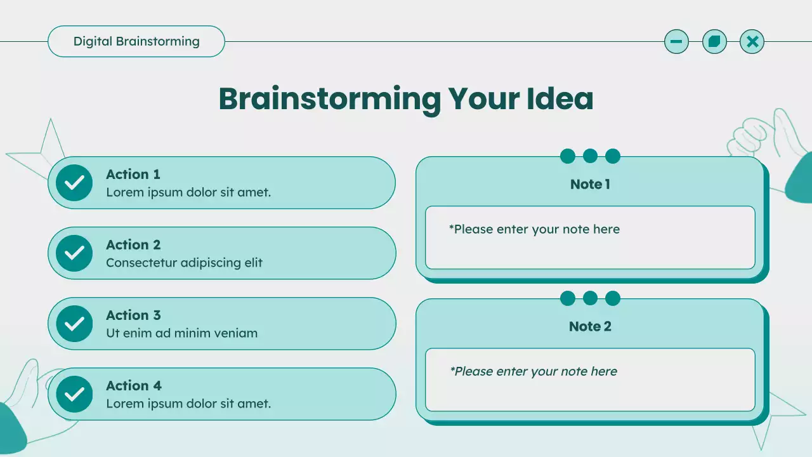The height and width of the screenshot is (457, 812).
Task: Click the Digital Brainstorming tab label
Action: click(136, 42)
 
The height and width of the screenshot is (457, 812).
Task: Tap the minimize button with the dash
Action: click(676, 42)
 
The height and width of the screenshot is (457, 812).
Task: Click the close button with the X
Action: click(752, 42)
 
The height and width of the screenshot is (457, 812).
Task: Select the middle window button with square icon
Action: click(714, 42)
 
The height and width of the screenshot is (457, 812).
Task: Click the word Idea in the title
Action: click(560, 99)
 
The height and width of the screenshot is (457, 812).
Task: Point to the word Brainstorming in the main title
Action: click(329, 99)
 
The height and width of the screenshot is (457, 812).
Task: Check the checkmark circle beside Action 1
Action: click(74, 183)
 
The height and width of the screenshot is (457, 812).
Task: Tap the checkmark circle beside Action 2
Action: click(74, 253)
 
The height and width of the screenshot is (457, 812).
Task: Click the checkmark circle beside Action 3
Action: click(74, 324)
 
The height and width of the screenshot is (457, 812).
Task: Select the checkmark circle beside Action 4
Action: click(74, 394)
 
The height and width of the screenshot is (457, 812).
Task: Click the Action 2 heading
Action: click(133, 245)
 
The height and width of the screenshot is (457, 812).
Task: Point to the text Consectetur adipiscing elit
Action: click(184, 263)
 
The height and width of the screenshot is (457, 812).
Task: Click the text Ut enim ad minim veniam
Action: click(181, 333)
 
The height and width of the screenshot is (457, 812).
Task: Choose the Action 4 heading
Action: click(134, 386)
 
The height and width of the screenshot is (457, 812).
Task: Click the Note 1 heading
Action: click(590, 185)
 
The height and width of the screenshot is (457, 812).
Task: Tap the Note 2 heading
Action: click(590, 327)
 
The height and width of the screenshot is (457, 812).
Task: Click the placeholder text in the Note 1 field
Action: click(534, 230)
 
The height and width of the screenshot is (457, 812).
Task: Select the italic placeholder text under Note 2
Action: click(534, 372)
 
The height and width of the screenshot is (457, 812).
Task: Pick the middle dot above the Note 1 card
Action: click(590, 156)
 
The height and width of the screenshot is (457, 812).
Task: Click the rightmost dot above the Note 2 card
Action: click(613, 298)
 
